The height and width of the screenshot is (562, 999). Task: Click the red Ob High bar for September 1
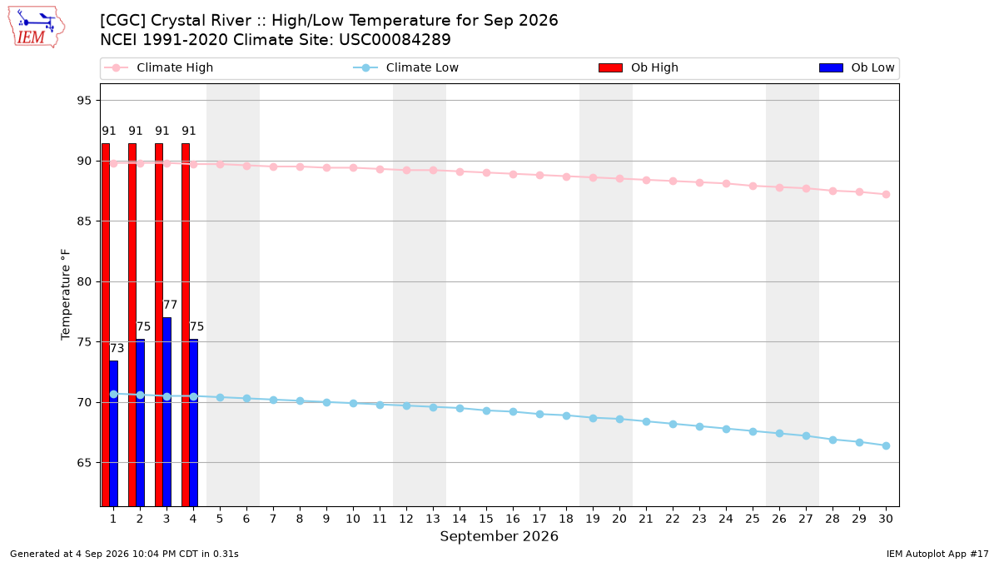106,325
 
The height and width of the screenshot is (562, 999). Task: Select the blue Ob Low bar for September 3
166,411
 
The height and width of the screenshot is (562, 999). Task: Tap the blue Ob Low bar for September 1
114,434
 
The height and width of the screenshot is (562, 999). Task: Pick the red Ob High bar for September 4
186,325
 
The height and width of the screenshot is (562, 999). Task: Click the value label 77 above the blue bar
170,305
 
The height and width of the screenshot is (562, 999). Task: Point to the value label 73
117,348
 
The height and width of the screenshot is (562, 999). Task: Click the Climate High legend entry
159,67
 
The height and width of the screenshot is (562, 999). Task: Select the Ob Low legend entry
857,67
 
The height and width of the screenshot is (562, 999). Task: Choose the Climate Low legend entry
406,67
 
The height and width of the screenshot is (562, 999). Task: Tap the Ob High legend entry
639,67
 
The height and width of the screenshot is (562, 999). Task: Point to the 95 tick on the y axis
84,101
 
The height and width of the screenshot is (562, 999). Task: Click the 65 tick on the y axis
84,463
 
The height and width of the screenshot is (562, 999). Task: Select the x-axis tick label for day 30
886,519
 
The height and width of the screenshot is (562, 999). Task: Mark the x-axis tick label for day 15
486,519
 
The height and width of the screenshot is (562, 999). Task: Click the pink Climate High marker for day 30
886,195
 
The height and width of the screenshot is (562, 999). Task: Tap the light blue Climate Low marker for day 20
619,420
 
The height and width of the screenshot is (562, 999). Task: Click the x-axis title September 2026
499,536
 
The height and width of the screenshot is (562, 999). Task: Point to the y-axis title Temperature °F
66,295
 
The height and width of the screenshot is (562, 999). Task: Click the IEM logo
37,27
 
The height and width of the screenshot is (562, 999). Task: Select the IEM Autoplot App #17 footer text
937,554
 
